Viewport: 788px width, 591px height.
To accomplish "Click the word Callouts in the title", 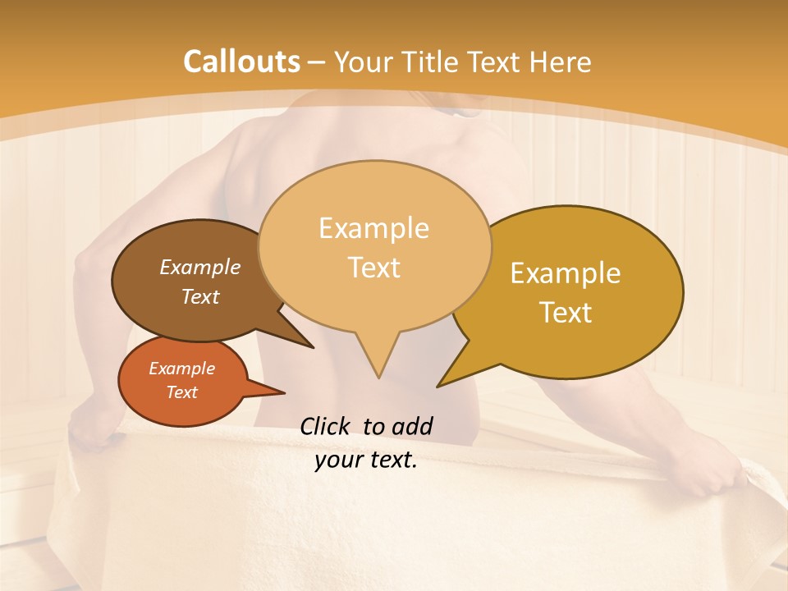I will coord(241,62).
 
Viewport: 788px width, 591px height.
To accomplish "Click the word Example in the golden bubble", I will coord(566,273).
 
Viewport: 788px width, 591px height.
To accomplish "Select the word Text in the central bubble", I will coord(374,268).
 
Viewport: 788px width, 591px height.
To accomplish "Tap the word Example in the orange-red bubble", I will coord(181,369).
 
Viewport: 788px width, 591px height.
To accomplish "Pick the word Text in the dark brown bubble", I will coord(200,296).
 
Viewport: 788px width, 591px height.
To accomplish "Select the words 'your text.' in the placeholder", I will coord(366,460).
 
